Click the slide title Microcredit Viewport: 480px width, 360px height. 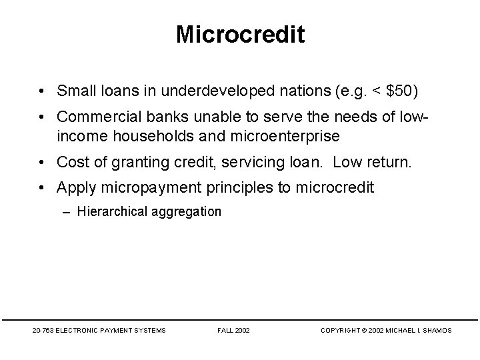click(x=240, y=35)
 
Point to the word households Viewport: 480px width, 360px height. click(x=145, y=136)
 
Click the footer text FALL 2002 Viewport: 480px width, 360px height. click(x=233, y=330)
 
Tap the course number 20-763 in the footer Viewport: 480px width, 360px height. click(x=44, y=330)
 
